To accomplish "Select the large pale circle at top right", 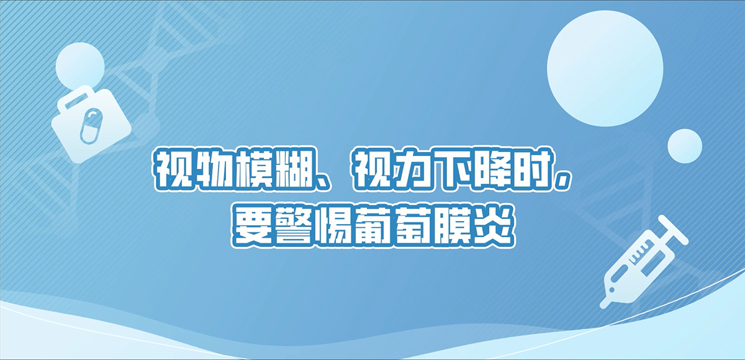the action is pos(605,68).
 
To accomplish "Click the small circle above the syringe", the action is pos(685,146).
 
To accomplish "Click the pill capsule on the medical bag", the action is pos(91,127).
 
